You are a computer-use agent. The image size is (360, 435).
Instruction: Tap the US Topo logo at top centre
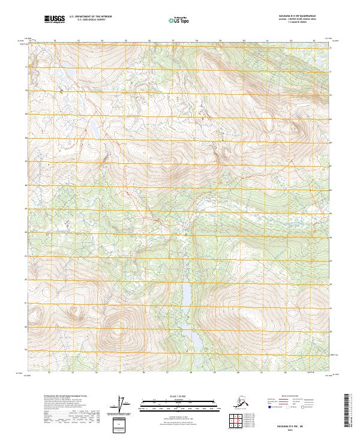(178, 20)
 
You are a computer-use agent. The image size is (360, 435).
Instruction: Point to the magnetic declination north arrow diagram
(123, 404)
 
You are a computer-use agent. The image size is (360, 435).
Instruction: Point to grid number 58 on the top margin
(197, 41)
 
